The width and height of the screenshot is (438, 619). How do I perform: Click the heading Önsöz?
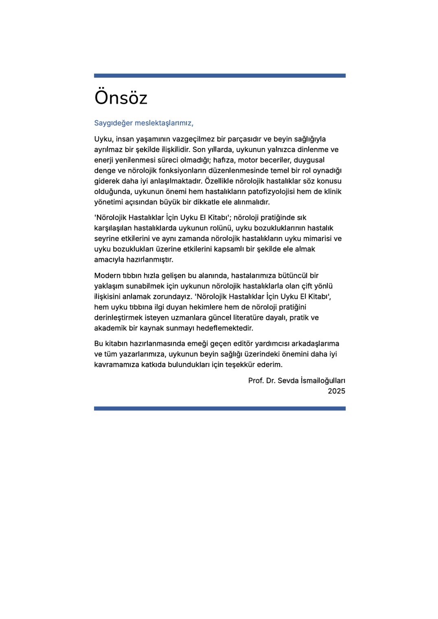pos(120,98)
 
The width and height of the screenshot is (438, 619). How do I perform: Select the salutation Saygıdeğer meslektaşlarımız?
pos(143,123)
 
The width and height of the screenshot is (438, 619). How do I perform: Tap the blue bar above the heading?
pos(219,76)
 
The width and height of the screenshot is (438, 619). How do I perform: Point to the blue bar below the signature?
pos(219,408)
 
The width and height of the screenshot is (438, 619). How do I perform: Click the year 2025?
pos(336,391)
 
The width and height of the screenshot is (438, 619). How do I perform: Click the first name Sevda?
pos(288,381)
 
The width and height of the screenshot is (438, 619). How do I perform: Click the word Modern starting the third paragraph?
pos(107,276)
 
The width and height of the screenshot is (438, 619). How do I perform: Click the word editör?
pos(234,344)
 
